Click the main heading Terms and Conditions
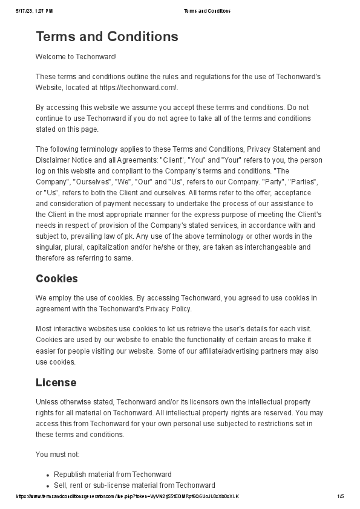[x=107, y=36]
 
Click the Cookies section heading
[x=56, y=279]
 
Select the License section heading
[x=56, y=383]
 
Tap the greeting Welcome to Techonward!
[x=76, y=57]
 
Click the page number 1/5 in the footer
[x=341, y=497]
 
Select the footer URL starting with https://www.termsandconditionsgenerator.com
[x=127, y=497]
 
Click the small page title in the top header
[x=206, y=11]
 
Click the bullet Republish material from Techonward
[x=113, y=475]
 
